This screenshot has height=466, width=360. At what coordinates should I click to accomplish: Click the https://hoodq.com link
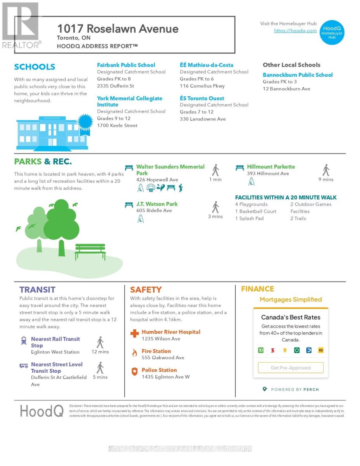pos(295,31)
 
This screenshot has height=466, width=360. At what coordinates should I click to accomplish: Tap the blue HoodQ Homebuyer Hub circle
pos(332,33)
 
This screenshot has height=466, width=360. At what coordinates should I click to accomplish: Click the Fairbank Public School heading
pos(126,65)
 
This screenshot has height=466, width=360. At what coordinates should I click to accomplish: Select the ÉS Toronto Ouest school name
pos(202,99)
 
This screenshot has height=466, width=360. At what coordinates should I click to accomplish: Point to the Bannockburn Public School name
pos(297,75)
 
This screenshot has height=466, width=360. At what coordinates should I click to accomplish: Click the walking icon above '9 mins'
pos(326,170)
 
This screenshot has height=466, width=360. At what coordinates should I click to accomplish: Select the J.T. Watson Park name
pos(157,204)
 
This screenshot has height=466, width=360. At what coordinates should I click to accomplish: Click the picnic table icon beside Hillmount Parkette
pos(240,168)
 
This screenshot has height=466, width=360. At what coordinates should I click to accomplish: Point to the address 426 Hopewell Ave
pos(157,180)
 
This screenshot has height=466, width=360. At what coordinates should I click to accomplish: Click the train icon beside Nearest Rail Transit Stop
pos(24,341)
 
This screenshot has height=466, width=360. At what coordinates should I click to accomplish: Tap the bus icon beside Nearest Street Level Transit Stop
pos(24,366)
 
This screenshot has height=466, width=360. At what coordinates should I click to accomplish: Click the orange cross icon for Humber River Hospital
pos(134,334)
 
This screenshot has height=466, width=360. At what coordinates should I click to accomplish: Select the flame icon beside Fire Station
pos(134,353)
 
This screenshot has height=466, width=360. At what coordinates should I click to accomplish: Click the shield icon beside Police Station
pos(134,372)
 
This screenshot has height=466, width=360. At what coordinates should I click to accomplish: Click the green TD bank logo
pos(261,350)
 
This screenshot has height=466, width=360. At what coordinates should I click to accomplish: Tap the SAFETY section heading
pos(146,290)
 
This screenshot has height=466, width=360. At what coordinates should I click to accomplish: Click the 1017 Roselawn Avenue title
pos(118,29)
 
